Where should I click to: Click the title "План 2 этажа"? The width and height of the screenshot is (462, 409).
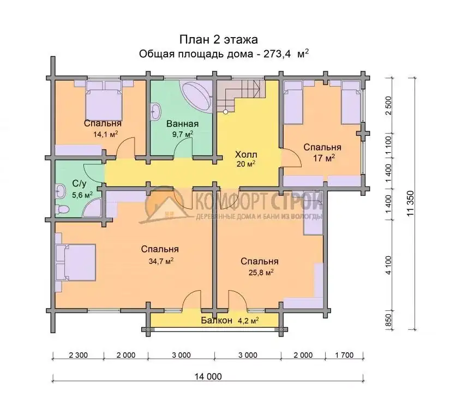pos(219,39)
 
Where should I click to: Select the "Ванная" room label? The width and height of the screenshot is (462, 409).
pos(182,124)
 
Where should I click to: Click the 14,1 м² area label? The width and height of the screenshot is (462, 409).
pos(106,134)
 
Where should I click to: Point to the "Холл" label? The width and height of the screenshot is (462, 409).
pos(246,154)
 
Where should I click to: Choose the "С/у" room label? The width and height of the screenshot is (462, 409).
pos(79,184)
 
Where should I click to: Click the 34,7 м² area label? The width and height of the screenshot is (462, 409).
pos(161,261)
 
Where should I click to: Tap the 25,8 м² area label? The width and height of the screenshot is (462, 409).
pos(261,273)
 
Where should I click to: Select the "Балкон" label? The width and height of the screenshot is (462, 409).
pos(217,320)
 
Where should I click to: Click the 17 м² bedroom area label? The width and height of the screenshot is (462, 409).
pos(324,158)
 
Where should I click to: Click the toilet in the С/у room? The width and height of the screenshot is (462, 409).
pos(62,209)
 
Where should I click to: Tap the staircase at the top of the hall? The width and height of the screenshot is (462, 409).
pos(240,96)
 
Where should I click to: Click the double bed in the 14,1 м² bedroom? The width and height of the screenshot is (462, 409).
pos(104,100)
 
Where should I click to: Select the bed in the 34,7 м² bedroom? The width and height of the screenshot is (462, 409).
pos(76,262)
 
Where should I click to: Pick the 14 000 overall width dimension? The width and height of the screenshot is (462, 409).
pos(208,376)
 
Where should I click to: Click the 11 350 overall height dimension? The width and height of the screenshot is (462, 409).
pos(410,203)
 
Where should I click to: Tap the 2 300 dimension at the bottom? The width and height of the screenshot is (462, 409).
pos(78,355)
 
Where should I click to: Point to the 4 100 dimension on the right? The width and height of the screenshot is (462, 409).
pos(388,265)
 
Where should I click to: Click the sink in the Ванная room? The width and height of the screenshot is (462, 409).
pos(156,111)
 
